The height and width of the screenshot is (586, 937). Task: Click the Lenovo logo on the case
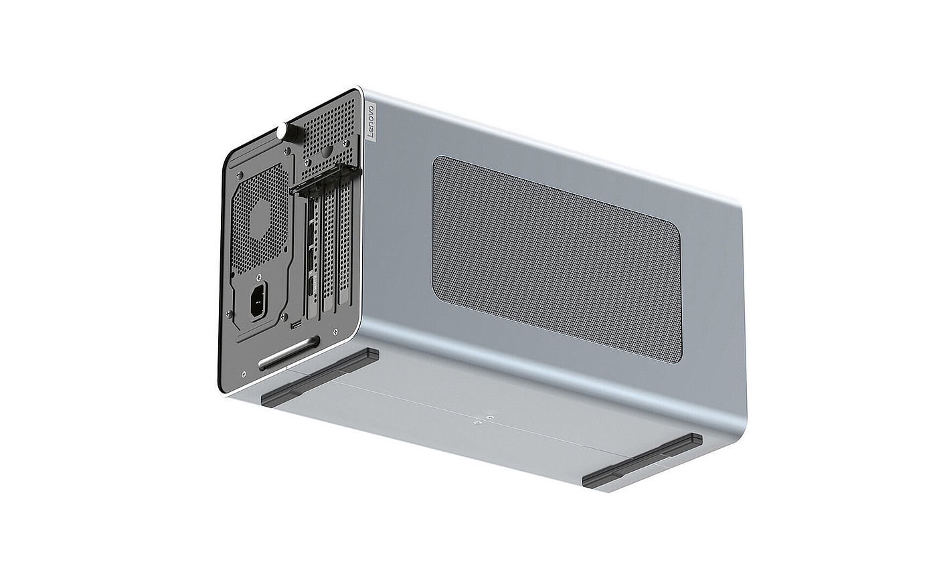[x=371, y=121]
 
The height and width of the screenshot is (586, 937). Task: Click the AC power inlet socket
[x=259, y=302]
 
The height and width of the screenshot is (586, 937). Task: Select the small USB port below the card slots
[x=296, y=324]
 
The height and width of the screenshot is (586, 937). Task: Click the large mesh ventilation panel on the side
[x=557, y=260]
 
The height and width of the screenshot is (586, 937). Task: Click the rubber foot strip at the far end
[x=642, y=462]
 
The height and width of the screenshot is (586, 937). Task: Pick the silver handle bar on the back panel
[x=289, y=353]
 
